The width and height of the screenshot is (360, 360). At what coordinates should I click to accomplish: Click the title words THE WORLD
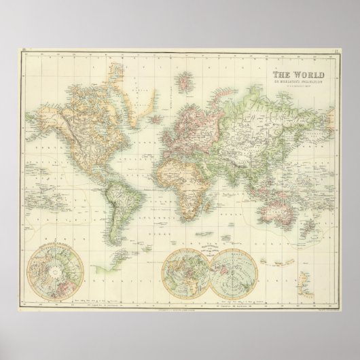(x=299, y=77)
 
